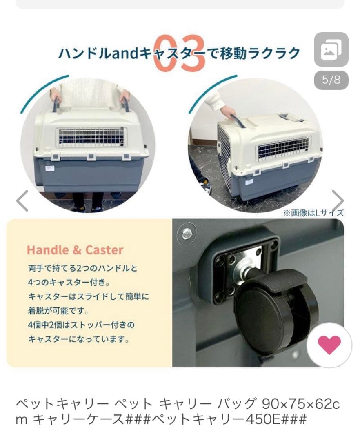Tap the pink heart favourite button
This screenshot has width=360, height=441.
click(x=329, y=345)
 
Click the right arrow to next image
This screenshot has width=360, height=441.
click(x=338, y=200)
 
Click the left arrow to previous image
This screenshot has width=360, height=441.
click(x=22, y=200)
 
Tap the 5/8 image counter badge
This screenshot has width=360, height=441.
click(x=331, y=80)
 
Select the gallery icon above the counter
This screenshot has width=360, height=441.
click(x=331, y=49)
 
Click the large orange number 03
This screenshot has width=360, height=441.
click(x=179, y=53)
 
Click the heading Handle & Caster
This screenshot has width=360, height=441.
click(x=75, y=250)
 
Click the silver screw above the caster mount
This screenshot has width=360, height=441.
click(x=186, y=233)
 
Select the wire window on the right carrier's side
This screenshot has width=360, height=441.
click(x=284, y=148)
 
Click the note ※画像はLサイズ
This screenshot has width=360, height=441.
click(x=313, y=213)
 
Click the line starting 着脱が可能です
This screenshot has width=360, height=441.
click(x=58, y=311)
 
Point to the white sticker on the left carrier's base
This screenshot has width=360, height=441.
click(x=50, y=168)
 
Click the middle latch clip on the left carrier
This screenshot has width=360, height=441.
click(x=91, y=157)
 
